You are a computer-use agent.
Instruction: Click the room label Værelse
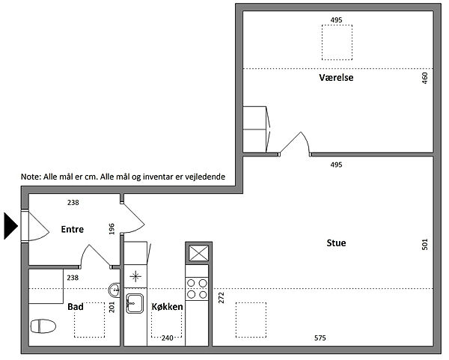(336, 78)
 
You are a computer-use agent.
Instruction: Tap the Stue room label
(336, 243)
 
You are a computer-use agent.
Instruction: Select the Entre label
(73, 230)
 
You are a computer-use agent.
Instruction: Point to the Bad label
(76, 307)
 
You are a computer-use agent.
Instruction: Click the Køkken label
(167, 307)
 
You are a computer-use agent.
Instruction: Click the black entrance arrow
(11, 226)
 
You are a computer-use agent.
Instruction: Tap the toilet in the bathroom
(43, 326)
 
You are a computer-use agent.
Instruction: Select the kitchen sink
(135, 304)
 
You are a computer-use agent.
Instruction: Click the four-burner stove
(197, 289)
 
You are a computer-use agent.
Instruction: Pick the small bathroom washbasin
(114, 290)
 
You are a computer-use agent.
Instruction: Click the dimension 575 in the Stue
(320, 338)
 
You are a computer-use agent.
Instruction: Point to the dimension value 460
(424, 78)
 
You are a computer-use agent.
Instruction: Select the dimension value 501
(424, 245)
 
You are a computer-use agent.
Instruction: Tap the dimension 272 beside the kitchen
(222, 298)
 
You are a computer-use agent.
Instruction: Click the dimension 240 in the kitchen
(167, 338)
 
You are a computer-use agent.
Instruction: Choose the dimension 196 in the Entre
(112, 229)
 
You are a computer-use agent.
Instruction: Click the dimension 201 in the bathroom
(112, 307)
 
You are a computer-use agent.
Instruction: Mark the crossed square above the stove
(199, 254)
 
